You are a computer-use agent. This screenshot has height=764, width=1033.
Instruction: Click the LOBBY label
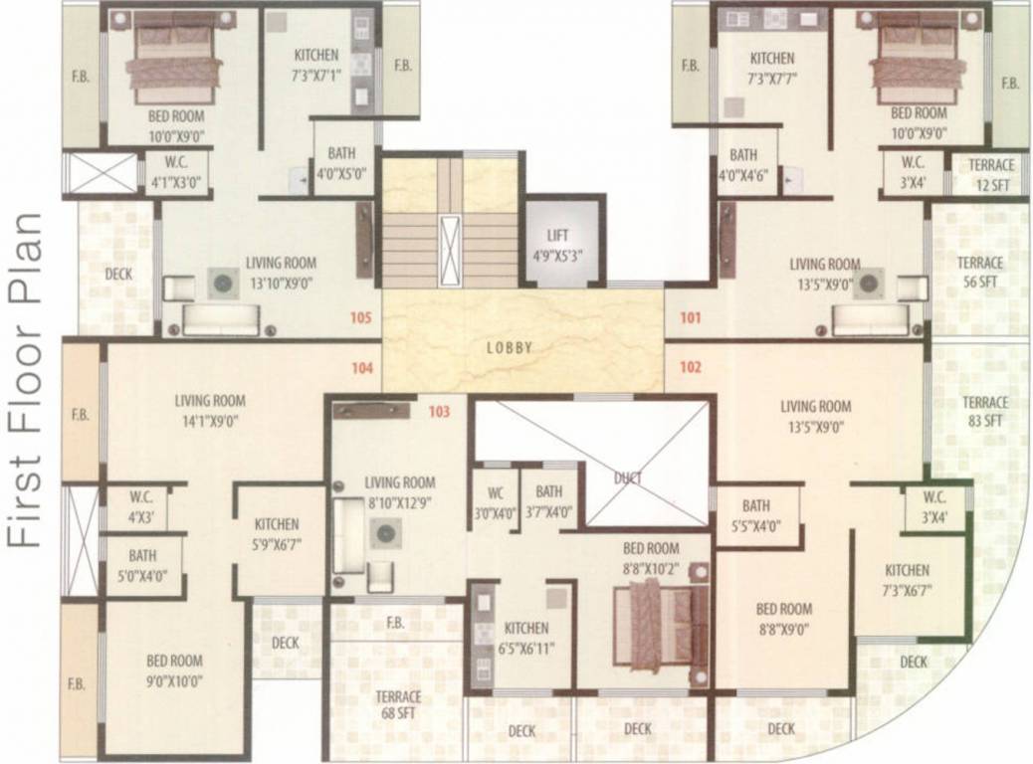(x=510, y=348)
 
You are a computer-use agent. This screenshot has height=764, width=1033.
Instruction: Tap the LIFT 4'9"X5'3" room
(x=563, y=245)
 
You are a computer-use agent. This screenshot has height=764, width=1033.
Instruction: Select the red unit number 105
(x=360, y=319)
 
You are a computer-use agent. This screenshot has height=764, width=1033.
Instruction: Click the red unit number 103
(x=440, y=411)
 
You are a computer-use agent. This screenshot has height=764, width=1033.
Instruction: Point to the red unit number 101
(x=691, y=319)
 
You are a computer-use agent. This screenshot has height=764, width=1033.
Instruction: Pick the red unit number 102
(x=691, y=366)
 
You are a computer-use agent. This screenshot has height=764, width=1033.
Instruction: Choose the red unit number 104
(x=362, y=367)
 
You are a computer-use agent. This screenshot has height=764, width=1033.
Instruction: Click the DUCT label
(x=627, y=478)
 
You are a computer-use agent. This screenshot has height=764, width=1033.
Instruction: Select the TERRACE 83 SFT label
(x=983, y=412)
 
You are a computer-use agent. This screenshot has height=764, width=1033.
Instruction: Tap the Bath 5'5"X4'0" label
(x=755, y=513)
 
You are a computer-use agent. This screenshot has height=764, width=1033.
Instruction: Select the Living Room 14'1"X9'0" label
(x=210, y=410)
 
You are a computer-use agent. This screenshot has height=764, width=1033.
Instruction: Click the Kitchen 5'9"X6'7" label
(x=277, y=533)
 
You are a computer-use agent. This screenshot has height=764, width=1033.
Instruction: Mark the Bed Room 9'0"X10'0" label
(x=174, y=669)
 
